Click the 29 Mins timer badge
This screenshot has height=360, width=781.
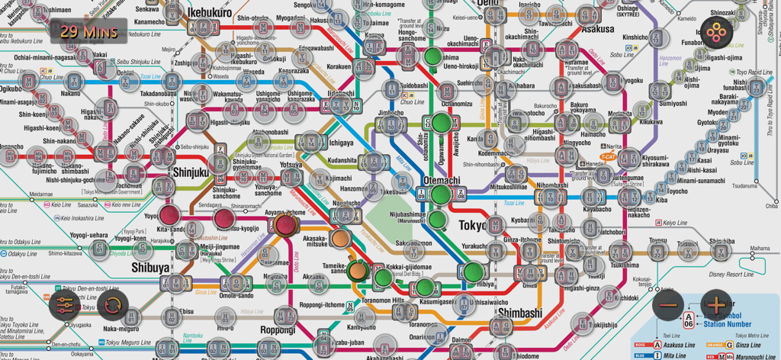click(88, 31)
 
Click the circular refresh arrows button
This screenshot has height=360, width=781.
click(112, 305)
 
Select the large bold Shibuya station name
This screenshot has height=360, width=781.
click(150, 268)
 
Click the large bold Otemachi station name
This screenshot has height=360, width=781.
click(442, 181)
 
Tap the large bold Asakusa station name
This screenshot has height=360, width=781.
click(598, 29)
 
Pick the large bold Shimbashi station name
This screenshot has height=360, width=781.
click(519, 313)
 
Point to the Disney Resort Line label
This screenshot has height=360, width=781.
click(731, 274)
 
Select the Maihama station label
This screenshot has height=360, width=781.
click(760, 248)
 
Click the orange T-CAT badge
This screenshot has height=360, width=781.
click(608, 157)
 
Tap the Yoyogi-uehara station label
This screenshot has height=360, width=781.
click(89, 235)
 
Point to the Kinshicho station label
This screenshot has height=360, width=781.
click(634, 37)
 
